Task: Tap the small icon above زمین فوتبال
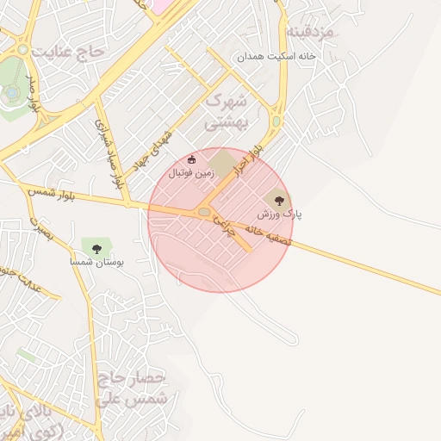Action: (191, 159)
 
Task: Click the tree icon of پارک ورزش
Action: (278, 197)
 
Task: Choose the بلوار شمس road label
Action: (52, 193)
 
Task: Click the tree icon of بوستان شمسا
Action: (96, 248)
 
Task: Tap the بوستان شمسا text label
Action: (97, 261)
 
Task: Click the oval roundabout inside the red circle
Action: (204, 211)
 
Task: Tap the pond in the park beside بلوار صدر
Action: (11, 91)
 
